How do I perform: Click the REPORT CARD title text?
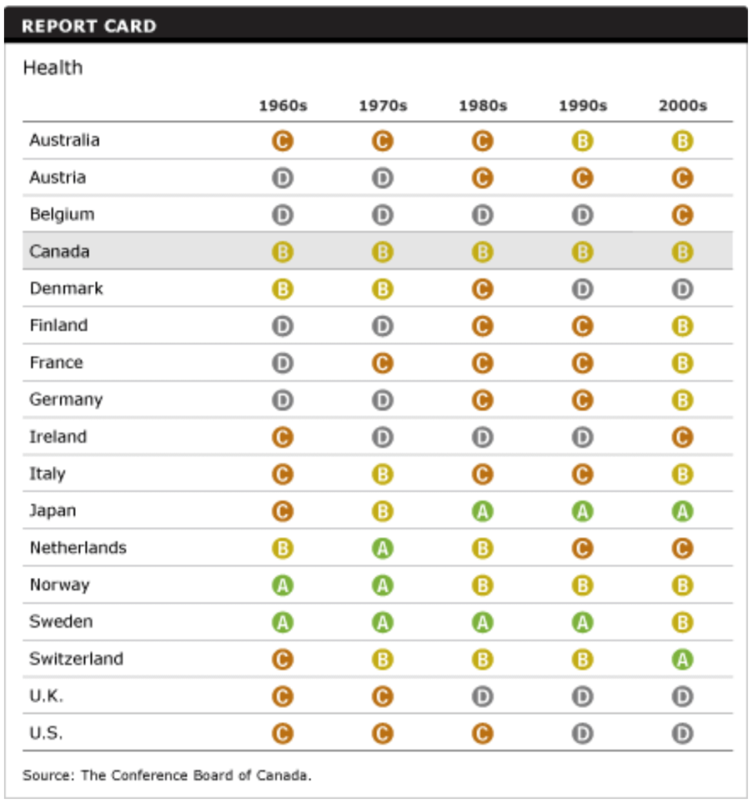point(89,26)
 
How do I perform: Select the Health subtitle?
point(53,68)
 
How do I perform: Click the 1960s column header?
point(282,106)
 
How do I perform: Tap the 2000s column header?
point(682,106)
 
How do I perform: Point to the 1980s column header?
point(482,106)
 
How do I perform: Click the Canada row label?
point(60,252)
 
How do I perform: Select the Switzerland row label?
point(76,659)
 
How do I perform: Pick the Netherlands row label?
point(78,547)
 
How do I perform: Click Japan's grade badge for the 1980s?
point(482,511)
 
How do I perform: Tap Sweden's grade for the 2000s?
point(682,623)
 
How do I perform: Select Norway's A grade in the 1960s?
point(282,585)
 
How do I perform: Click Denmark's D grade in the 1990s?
point(582,289)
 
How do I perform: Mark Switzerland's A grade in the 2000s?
point(682,659)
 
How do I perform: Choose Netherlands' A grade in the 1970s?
point(383,548)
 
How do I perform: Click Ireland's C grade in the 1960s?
point(282,437)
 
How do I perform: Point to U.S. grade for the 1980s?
point(482,734)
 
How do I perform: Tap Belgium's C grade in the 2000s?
point(682,215)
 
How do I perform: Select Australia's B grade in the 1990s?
point(582,141)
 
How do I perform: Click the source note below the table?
point(167,776)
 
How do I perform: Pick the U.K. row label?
point(46,696)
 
